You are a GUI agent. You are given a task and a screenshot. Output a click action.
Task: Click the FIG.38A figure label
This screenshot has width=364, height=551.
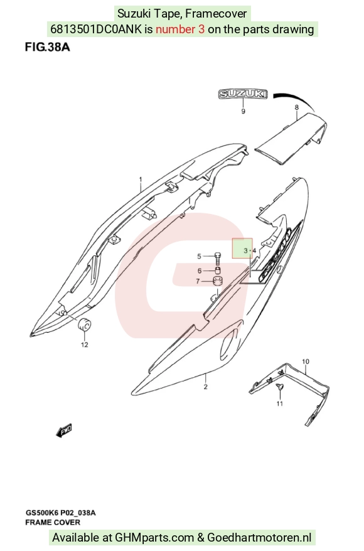click(x=47, y=47)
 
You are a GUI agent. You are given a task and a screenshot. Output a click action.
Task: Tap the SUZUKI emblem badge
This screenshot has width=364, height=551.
click(x=243, y=94)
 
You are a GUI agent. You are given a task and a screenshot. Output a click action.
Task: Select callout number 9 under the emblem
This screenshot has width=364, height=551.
click(x=243, y=112)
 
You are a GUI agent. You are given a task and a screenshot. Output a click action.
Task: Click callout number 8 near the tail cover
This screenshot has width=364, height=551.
click(x=297, y=107)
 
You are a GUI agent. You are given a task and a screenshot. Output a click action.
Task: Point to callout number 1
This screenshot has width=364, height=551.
click(x=141, y=179)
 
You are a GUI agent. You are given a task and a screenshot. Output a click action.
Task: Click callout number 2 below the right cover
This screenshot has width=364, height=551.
click(x=206, y=387)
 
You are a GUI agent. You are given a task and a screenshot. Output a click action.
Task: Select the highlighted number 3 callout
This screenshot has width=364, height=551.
click(x=245, y=251)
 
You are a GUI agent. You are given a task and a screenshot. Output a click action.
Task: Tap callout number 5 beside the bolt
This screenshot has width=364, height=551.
click(x=199, y=257)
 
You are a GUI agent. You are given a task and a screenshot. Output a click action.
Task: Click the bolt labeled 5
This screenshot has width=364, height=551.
click(x=218, y=259)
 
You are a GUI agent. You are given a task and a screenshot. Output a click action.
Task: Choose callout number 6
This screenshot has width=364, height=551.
click(x=200, y=271)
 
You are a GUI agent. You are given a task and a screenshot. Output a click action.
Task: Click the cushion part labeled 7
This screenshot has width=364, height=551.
click(x=218, y=282)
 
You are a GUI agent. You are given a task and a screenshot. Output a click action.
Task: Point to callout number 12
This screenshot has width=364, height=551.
click(x=85, y=345)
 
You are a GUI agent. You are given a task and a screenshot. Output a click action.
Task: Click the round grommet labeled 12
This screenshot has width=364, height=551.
click(x=84, y=324)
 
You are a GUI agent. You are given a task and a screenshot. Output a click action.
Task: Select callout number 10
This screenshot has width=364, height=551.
click(x=306, y=361)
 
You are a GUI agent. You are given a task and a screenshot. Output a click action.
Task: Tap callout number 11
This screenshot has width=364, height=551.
click(x=280, y=404)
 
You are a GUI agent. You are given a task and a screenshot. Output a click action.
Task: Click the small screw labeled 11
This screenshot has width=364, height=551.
click(x=280, y=387)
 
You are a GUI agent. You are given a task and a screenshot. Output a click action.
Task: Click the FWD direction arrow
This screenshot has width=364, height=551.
click(x=64, y=430)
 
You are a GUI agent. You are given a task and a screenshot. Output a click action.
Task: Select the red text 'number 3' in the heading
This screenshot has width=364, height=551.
click(x=180, y=29)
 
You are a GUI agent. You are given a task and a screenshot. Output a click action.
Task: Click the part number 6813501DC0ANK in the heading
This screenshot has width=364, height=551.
click(x=96, y=29)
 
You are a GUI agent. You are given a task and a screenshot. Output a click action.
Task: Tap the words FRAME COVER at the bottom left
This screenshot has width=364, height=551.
click(x=53, y=523)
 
